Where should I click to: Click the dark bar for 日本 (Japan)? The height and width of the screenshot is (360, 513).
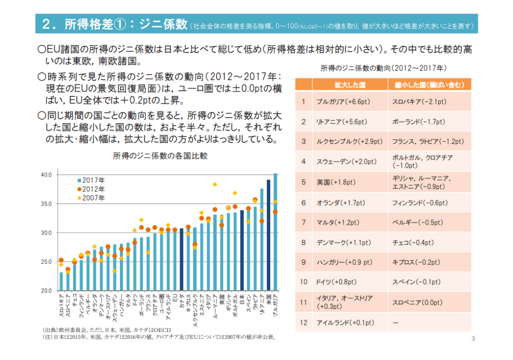pos(242,251)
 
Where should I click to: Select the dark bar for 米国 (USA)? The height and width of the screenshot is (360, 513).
pos(268,236)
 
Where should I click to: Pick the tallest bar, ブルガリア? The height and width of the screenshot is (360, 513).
pos(275,232)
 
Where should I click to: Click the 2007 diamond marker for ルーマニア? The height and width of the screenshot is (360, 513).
pos(215,185)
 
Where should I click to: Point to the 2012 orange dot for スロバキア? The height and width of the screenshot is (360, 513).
pos(61,260)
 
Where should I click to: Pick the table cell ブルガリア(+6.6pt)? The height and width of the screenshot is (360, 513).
pos(343,101)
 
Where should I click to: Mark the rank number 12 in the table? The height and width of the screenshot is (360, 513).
pos(303,322)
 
